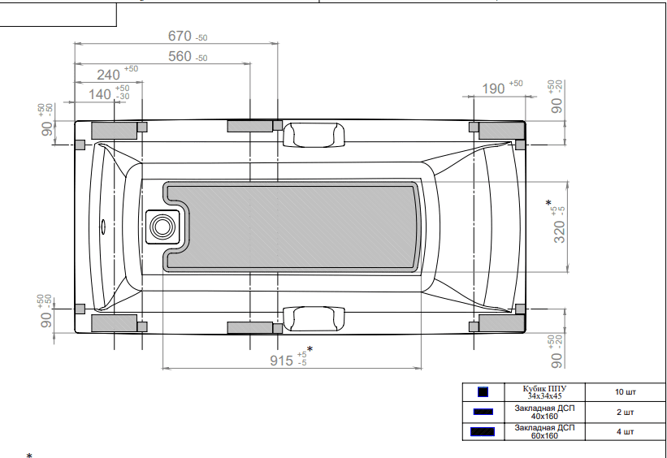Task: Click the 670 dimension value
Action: (x=180, y=37)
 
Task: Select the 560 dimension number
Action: (x=180, y=57)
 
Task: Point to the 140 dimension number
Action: (x=100, y=94)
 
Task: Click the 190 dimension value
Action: (x=493, y=89)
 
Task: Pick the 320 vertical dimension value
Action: (x=560, y=231)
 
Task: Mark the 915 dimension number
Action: (x=281, y=361)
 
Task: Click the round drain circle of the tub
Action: (x=162, y=226)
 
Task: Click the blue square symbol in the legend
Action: (x=483, y=392)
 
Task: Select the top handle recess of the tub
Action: (x=313, y=133)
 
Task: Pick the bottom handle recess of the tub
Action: (x=313, y=318)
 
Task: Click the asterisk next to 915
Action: (x=310, y=349)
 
